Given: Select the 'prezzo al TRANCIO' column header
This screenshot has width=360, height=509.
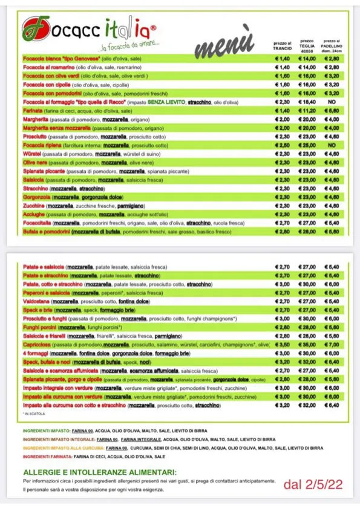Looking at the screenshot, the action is tap(282, 45).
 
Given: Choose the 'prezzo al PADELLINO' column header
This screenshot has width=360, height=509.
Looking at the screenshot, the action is tap(332, 45).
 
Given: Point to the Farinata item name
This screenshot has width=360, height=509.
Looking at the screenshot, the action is tap(33, 111).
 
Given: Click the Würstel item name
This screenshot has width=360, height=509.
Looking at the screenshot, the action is tap(31, 154).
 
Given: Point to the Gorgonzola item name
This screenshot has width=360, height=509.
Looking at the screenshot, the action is tap(36, 197).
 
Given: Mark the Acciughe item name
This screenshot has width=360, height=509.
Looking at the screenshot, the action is tap(34, 214).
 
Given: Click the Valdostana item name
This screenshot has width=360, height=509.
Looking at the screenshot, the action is tap(36, 300).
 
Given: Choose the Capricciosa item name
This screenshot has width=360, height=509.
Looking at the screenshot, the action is tap(37, 343).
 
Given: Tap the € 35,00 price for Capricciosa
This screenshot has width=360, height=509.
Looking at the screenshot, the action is tap(309, 343).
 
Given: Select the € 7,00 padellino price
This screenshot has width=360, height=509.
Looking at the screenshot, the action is tap(332, 343).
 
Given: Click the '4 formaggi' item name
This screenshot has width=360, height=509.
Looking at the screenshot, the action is tap(36, 352).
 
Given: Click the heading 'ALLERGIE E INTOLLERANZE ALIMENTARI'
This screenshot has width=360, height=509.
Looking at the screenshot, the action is tap(100, 472).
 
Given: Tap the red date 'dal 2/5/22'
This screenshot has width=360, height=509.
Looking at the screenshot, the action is tap(309, 484).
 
